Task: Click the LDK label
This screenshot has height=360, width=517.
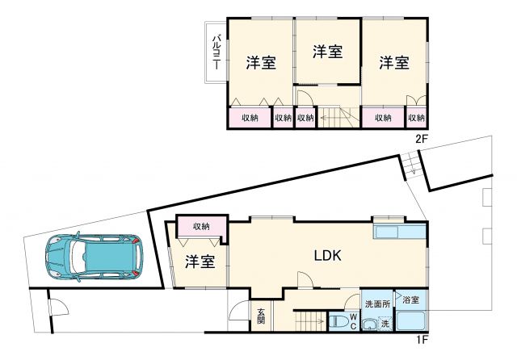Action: (x=329, y=256)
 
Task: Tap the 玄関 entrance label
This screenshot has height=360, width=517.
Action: (x=261, y=317)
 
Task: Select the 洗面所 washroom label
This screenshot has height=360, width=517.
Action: (x=376, y=304)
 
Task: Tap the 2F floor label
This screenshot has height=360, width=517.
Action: (x=420, y=139)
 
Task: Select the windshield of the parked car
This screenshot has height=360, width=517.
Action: (x=124, y=255)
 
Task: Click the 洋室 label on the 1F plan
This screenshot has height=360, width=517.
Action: (x=199, y=262)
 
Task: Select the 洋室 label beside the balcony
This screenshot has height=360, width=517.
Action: (x=261, y=63)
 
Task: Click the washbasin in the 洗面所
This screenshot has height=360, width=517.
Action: (x=369, y=324)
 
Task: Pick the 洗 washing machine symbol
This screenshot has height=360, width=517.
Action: (x=385, y=324)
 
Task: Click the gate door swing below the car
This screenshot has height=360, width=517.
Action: (x=56, y=311)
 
